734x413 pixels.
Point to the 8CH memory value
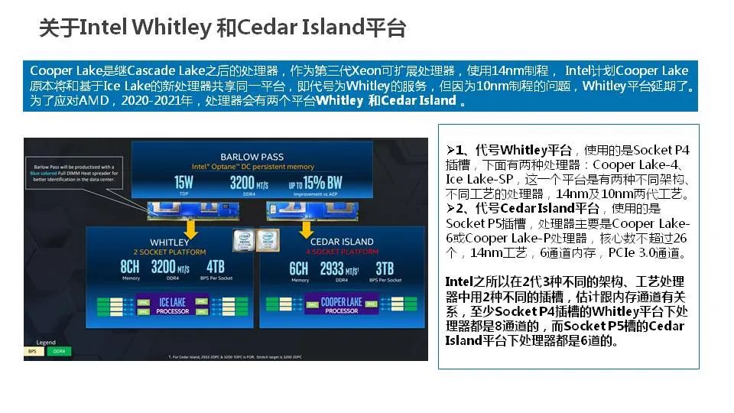point(130,269)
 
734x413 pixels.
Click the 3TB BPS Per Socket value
point(384,269)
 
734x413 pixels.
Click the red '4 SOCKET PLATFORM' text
point(341,251)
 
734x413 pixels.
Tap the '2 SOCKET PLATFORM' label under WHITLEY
point(170,251)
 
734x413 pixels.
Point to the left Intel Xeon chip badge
point(242,240)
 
